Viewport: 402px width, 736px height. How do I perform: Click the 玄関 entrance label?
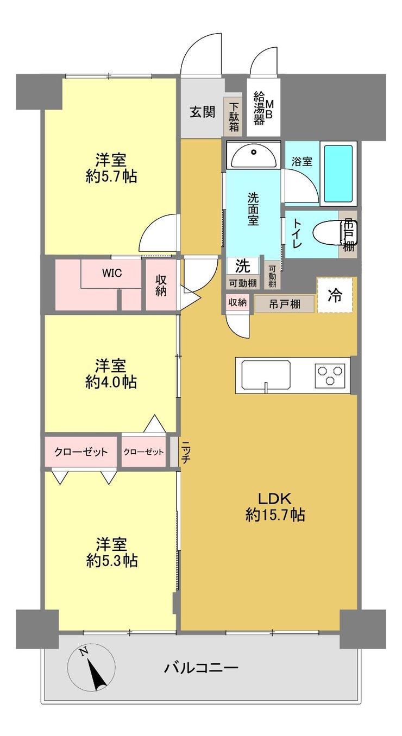[x=202, y=112]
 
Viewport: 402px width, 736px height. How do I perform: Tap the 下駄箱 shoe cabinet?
[x=234, y=117]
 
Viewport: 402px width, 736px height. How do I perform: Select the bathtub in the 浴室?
[x=338, y=174]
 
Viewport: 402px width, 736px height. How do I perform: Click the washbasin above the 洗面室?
[x=254, y=156]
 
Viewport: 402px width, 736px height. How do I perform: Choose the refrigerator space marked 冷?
[x=335, y=295]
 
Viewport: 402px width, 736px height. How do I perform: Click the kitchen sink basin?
[x=266, y=375]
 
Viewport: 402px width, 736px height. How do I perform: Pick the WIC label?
[x=112, y=272]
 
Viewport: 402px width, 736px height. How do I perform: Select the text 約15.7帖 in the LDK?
[x=275, y=515]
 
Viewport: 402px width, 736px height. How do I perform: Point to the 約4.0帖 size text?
[x=111, y=382]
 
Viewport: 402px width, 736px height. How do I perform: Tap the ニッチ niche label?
[x=185, y=452]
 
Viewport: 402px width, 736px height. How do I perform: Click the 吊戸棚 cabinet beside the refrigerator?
[x=284, y=303]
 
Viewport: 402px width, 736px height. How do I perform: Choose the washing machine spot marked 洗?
[x=243, y=265]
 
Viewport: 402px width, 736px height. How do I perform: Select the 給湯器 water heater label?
[x=259, y=109]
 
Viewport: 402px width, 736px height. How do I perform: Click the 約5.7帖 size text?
[x=111, y=177]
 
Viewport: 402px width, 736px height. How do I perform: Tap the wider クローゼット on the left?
[x=80, y=452]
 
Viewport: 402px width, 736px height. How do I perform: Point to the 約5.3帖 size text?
[x=112, y=561]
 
